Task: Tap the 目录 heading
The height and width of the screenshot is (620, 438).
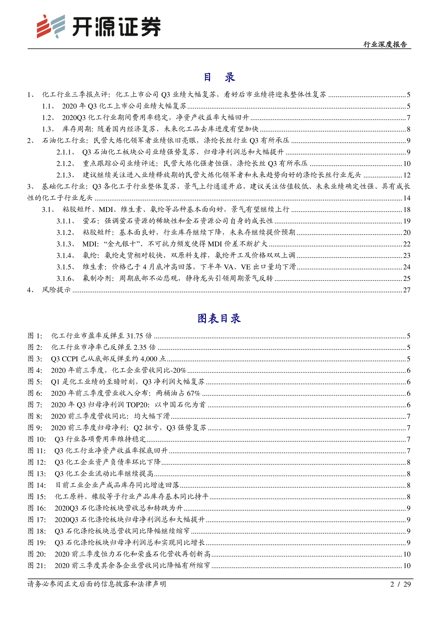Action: click(x=219, y=77)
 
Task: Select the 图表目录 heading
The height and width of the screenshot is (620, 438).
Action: click(x=219, y=318)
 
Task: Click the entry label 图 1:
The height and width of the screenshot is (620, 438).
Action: click(x=35, y=336)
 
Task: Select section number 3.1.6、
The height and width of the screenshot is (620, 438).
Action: click(x=65, y=278)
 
